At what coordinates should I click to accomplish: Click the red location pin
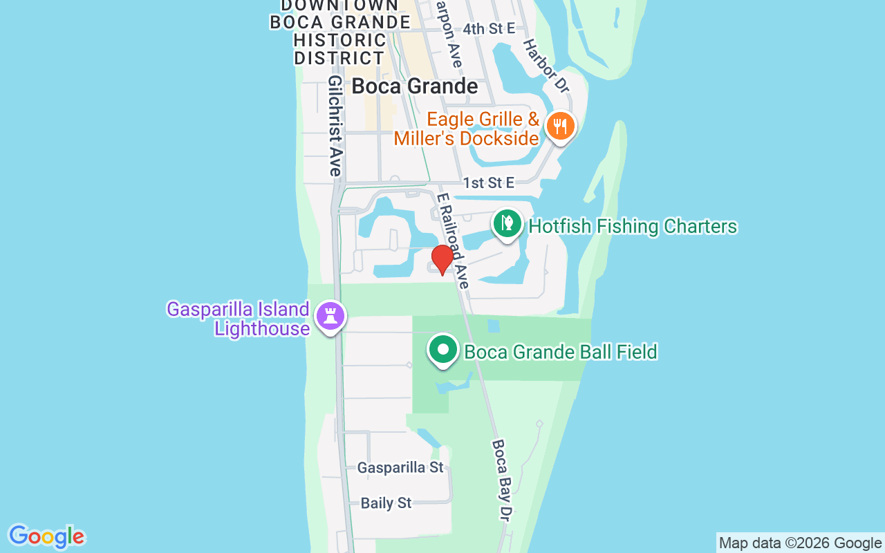(442, 260)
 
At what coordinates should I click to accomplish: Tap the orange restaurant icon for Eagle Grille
(560, 126)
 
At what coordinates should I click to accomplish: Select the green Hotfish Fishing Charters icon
(507, 223)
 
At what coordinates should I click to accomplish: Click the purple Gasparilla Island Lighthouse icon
(330, 316)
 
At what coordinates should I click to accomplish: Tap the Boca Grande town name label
(415, 86)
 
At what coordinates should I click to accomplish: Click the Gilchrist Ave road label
(335, 126)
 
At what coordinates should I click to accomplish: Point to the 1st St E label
(489, 182)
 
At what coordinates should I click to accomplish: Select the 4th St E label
(489, 28)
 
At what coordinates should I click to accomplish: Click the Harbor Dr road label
(545, 66)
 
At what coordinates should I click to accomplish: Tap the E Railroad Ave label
(454, 241)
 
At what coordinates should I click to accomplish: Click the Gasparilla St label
(400, 468)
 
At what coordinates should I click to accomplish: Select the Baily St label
(386, 503)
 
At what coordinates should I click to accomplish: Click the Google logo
(46, 537)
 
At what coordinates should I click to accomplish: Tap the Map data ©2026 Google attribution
(800, 543)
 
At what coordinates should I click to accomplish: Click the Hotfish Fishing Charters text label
(633, 226)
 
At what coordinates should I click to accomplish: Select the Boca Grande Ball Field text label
(560, 352)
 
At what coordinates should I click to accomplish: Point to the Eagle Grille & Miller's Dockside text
(466, 129)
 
